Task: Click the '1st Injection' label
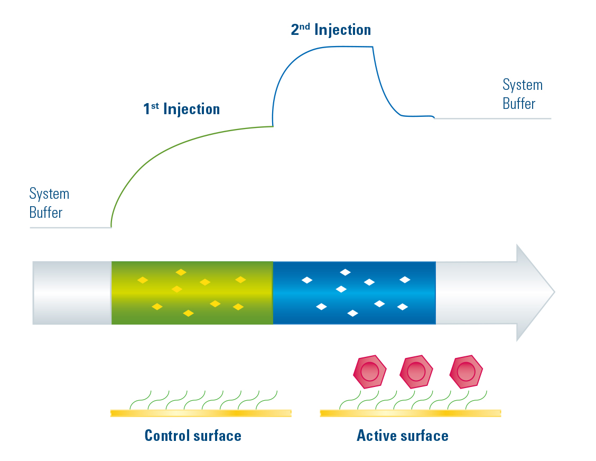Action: [x=181, y=109]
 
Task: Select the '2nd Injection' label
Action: [x=331, y=30]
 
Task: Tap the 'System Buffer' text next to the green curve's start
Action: [x=49, y=203]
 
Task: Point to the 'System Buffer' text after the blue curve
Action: [x=522, y=94]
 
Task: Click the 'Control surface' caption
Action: [x=193, y=436]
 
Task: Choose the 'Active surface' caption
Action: [x=402, y=436]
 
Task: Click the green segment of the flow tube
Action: [x=192, y=292]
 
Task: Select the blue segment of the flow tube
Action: [x=354, y=292]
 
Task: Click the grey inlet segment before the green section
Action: [x=72, y=292]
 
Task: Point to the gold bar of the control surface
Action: [x=201, y=413]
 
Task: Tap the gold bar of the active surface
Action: [x=410, y=413]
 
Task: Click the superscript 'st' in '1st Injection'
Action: [x=155, y=106]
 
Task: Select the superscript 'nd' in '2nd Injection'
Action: [x=305, y=26]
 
